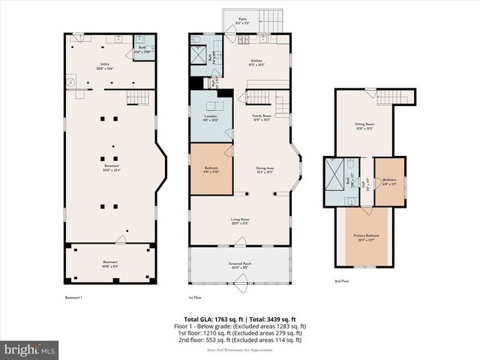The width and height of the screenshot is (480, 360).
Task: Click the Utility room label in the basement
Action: (105, 66)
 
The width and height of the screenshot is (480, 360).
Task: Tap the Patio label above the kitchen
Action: (243, 21)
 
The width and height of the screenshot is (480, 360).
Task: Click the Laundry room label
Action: (211, 118)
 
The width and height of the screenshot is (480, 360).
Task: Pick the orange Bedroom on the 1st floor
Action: (210, 170)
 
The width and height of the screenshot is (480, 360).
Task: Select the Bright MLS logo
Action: (30, 349)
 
